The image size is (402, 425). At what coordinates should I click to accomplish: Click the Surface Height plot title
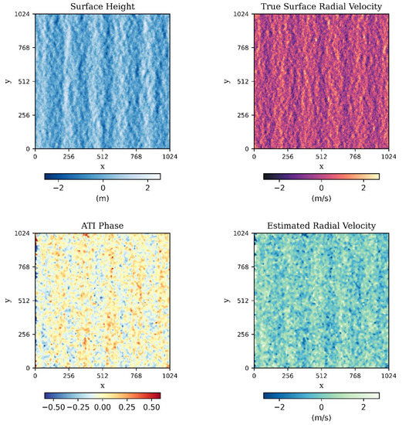click(x=103, y=6)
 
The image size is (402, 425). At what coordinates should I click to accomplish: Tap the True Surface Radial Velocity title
click(x=321, y=6)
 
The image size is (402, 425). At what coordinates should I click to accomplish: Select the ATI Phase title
click(x=103, y=226)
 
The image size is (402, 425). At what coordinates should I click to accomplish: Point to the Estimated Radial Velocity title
click(x=321, y=226)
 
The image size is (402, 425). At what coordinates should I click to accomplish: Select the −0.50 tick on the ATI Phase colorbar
click(x=52, y=406)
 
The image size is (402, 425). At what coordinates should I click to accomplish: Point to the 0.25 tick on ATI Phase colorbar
click(x=127, y=406)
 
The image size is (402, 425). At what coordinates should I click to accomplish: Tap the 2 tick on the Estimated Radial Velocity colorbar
click(x=363, y=406)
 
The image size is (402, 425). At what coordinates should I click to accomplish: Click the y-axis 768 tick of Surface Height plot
click(x=25, y=48)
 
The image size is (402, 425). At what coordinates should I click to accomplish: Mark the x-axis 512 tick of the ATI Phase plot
click(x=103, y=376)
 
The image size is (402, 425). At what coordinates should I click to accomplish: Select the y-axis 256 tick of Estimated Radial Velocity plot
click(x=243, y=335)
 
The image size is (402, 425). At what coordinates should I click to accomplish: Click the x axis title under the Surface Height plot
click(x=103, y=166)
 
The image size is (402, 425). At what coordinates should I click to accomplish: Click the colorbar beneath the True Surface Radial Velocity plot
click(x=321, y=176)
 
